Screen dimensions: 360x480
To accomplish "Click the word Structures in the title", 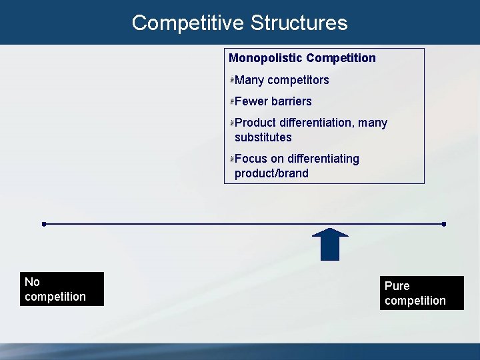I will pyautogui.click(x=299, y=23).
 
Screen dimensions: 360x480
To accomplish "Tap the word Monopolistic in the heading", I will pyautogui.click(x=264, y=58).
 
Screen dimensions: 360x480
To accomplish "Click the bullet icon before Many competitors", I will pyautogui.click(x=232, y=80).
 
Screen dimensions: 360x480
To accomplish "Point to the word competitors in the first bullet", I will pyautogui.click(x=298, y=80).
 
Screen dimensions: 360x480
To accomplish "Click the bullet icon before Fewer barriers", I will pyautogui.click(x=232, y=101).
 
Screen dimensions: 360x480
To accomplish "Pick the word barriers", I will pyautogui.click(x=291, y=101).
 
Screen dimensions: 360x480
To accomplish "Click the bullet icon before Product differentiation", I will pyautogui.click(x=232, y=123).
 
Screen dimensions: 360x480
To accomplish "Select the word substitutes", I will pyautogui.click(x=263, y=137).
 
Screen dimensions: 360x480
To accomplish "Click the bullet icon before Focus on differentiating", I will pyautogui.click(x=232, y=159).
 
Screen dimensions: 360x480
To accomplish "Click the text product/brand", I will pyautogui.click(x=271, y=173).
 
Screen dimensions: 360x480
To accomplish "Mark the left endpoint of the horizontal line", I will pyautogui.click(x=43, y=224).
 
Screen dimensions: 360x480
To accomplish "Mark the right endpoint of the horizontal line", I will pyautogui.click(x=444, y=224).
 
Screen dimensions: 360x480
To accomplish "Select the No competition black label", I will pyautogui.click(x=63, y=289).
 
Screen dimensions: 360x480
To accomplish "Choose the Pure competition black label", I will pyautogui.click(x=421, y=293).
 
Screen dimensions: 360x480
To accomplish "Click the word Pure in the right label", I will pyautogui.click(x=397, y=286).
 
